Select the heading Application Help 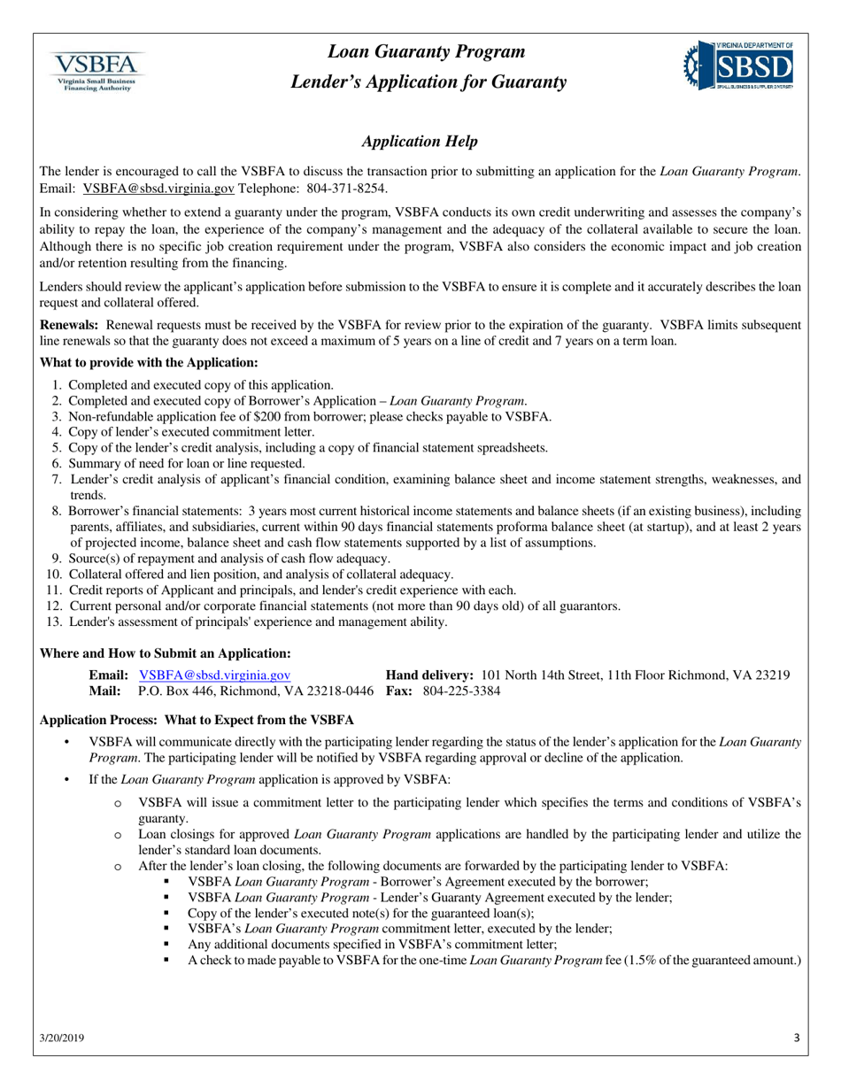point(420,142)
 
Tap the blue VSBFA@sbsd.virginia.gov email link point(215,676)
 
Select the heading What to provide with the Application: point(150,363)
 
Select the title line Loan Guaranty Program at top point(427,52)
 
